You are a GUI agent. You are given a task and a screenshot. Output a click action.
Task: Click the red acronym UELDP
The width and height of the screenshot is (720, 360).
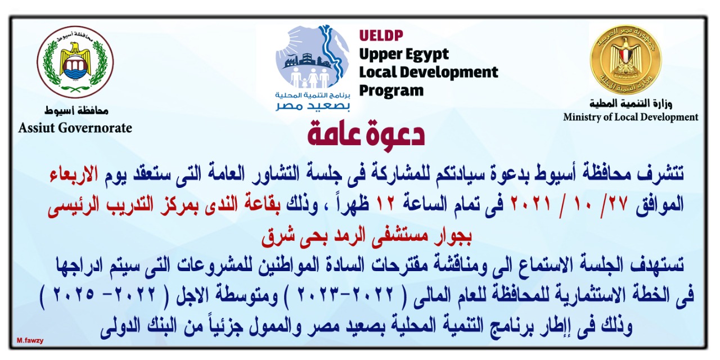click(381, 35)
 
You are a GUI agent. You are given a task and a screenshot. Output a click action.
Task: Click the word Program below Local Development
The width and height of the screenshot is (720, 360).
click(391, 91)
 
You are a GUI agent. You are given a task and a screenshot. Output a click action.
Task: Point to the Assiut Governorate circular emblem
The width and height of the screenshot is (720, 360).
click(75, 62)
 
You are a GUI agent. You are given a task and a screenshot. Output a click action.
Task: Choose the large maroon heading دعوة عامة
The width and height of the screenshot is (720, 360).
click(366, 133)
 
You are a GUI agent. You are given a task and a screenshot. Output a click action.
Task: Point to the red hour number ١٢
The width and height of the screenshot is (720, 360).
click(384, 204)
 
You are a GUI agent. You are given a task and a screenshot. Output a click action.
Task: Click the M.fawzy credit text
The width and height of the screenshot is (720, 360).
click(30, 341)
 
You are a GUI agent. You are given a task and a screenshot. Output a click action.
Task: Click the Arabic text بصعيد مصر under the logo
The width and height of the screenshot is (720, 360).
click(312, 106)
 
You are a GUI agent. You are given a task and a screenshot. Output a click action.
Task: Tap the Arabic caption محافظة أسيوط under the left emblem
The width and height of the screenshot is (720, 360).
click(76, 111)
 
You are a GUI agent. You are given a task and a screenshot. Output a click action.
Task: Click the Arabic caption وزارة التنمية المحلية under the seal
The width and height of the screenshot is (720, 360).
click(631, 103)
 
